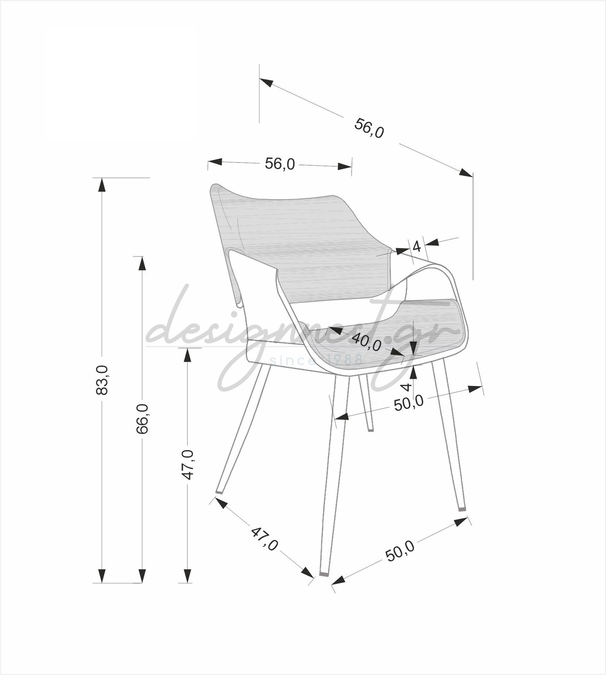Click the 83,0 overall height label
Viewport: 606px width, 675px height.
point(102,380)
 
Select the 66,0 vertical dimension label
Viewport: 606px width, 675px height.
point(143,418)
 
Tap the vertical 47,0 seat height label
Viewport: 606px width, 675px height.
point(188,464)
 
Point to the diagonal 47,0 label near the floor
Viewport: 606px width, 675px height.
point(265,539)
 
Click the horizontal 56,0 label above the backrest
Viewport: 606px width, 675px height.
point(280,164)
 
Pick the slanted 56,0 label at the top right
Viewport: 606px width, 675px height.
point(369,128)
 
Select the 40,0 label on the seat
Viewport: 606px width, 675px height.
point(366,342)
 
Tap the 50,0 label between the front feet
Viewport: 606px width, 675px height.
point(400,551)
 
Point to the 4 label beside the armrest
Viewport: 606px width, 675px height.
point(417,246)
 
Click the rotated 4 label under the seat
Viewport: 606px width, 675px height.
point(406,387)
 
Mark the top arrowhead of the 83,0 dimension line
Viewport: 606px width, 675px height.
point(102,185)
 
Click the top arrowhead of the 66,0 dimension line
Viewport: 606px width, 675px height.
point(142,263)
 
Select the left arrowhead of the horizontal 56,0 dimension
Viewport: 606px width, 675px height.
point(215,162)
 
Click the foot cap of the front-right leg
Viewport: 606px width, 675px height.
point(462,508)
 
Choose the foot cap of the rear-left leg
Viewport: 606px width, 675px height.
point(219,491)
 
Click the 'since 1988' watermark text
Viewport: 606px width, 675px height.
point(316,360)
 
